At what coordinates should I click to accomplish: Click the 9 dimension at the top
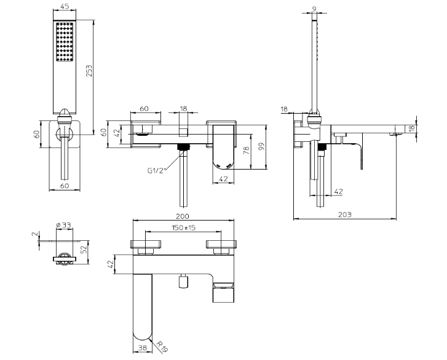(x=314, y=8)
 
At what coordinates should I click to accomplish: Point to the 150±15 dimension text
(x=183, y=228)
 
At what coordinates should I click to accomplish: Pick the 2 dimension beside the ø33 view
(x=36, y=234)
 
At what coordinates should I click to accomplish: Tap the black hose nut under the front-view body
(x=183, y=147)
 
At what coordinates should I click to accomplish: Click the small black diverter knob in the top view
(x=183, y=281)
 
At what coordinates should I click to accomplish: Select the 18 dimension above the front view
(x=183, y=109)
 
